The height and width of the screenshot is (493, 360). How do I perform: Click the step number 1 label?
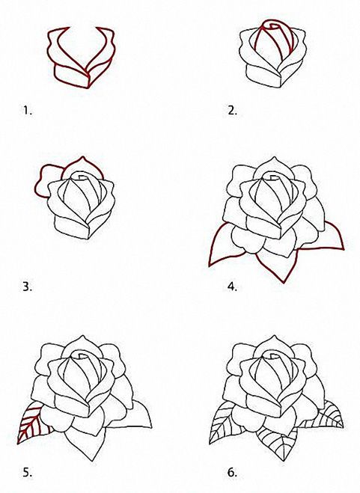pos(28,111)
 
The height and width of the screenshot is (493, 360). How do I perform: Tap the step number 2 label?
pos(232,111)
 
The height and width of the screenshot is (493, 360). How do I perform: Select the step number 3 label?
pos(28,287)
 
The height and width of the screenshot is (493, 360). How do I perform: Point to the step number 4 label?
pos(232,287)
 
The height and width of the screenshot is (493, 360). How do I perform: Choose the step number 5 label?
pos(28,472)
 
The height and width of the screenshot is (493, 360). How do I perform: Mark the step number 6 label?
pos(232,472)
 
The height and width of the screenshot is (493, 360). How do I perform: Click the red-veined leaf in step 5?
pos(31,423)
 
